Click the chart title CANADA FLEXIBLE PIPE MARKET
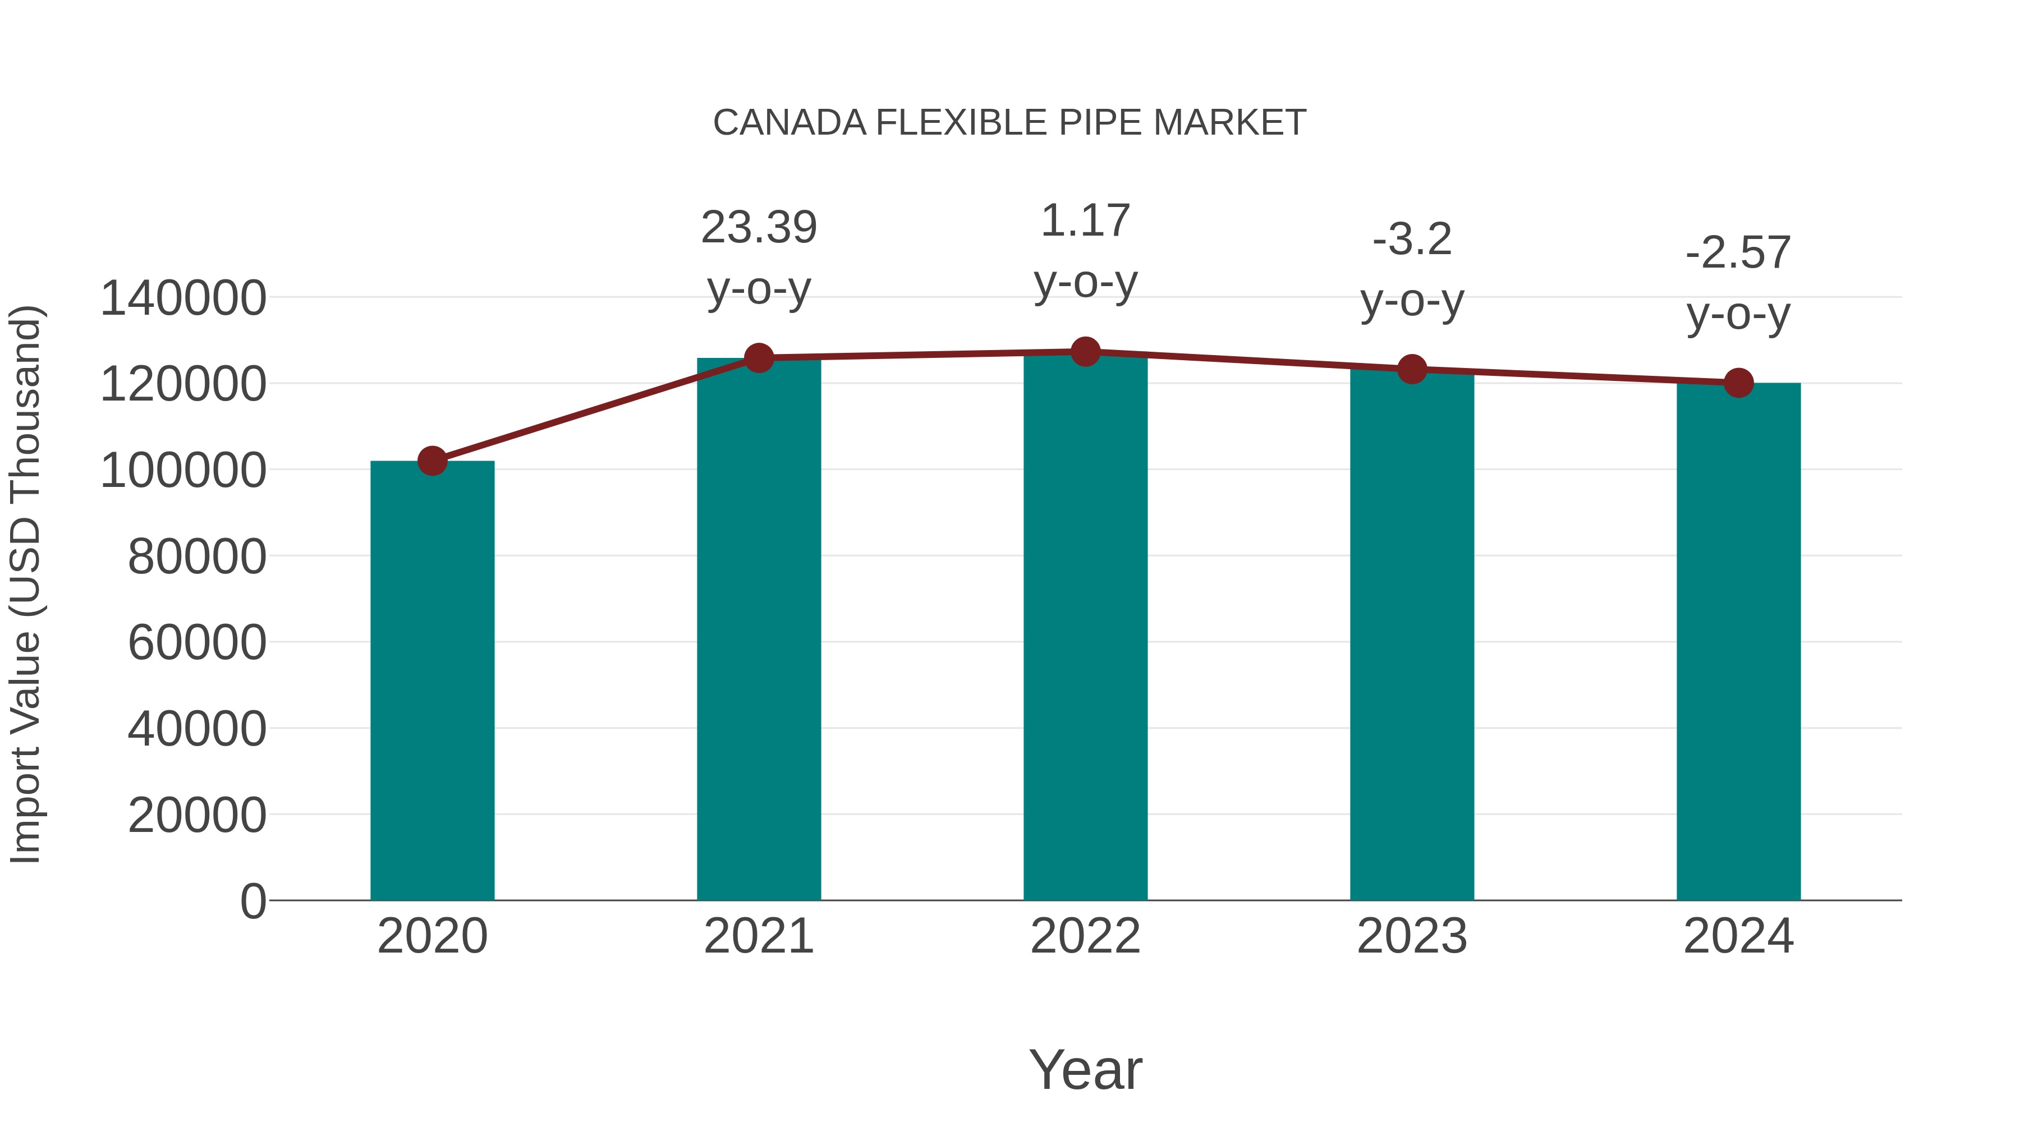click(x=1009, y=123)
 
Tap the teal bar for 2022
click(x=1085, y=627)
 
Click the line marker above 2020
click(x=432, y=461)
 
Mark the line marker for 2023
click(x=1412, y=369)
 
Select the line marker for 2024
click(x=1738, y=383)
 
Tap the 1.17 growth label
click(x=1085, y=220)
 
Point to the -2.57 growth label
click(x=1738, y=252)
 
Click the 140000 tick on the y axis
click(x=183, y=298)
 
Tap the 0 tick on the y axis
click(x=252, y=901)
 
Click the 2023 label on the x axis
click(x=1412, y=936)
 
